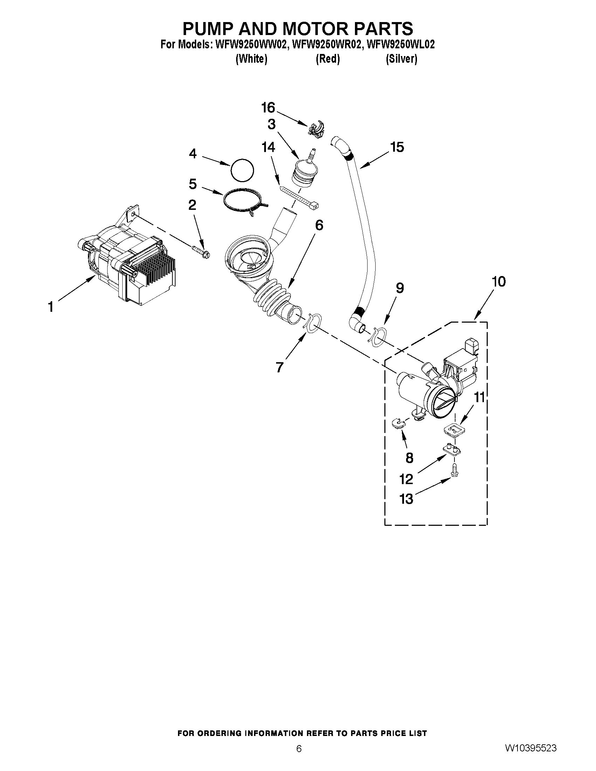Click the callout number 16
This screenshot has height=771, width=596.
pos(268,107)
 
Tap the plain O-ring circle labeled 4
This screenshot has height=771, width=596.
pos(242,171)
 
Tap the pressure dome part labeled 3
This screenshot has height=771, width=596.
pos(303,173)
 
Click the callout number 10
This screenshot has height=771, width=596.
pos(499,282)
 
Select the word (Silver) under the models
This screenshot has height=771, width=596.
pos(401,59)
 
